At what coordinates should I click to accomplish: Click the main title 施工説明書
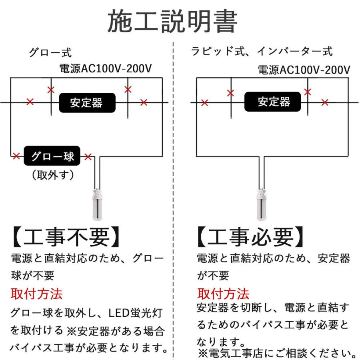pos(172,21)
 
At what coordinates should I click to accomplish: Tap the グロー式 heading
pos(50,52)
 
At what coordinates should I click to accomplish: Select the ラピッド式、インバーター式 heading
pos(262,51)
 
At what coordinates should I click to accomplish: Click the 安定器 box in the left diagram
pos(87,103)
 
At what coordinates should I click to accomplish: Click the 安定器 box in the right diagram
pos(272,102)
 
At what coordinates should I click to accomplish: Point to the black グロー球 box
pos(52,156)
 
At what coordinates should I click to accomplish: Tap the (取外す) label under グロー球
pos(53,175)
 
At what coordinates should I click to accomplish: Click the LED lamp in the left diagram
pos(97,204)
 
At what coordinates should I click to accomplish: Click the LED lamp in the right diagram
pos(262,204)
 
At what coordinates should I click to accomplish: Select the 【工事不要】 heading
pos(66,237)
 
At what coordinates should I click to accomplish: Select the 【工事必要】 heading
pos(251,237)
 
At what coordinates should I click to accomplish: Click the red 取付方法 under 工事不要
pos(36,294)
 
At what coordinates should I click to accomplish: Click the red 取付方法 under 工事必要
pos(223,294)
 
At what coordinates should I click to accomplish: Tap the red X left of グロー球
pos(16,156)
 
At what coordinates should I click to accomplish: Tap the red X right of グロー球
pos(88,156)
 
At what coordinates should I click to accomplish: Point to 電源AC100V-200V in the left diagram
pos(105,68)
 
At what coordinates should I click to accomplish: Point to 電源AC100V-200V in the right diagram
pos(304,70)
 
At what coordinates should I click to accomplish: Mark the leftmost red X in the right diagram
pos(204,103)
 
